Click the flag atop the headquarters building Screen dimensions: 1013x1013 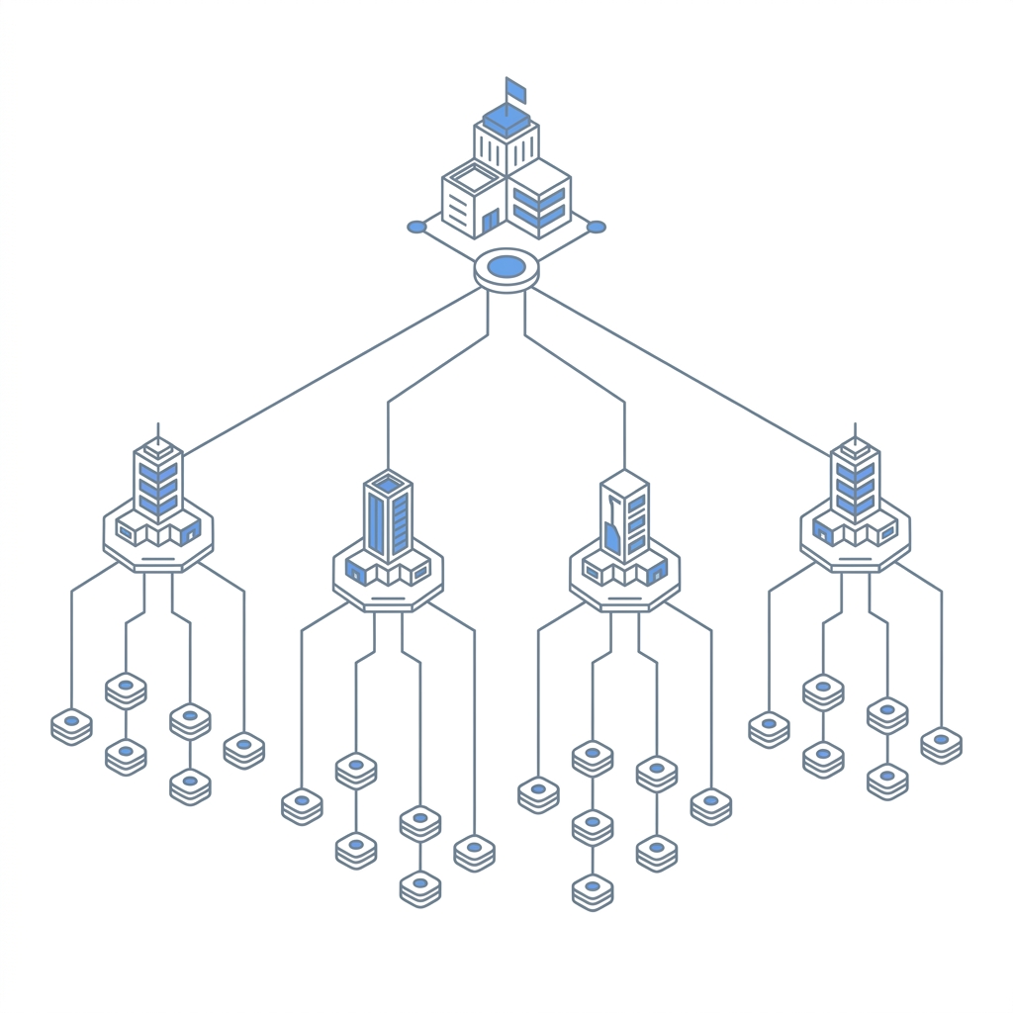pyautogui.click(x=515, y=90)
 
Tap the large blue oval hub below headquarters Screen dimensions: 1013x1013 pyautogui.click(x=506, y=266)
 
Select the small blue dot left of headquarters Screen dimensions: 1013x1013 pyautogui.click(x=416, y=227)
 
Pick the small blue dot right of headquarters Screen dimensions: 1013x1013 pyautogui.click(x=597, y=227)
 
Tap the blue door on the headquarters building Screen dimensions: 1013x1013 pyautogui.click(x=491, y=220)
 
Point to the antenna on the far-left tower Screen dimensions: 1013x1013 pyautogui.click(x=158, y=433)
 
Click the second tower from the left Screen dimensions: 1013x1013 pyautogui.click(x=388, y=516)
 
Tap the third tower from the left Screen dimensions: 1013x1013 pyautogui.click(x=624, y=516)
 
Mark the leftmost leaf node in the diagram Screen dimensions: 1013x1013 pyautogui.click(x=71, y=725)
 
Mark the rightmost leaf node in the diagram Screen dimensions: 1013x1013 pyautogui.click(x=941, y=743)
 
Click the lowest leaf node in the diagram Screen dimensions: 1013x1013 pyautogui.click(x=592, y=889)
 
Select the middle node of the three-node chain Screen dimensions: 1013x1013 pyautogui.click(x=592, y=825)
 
